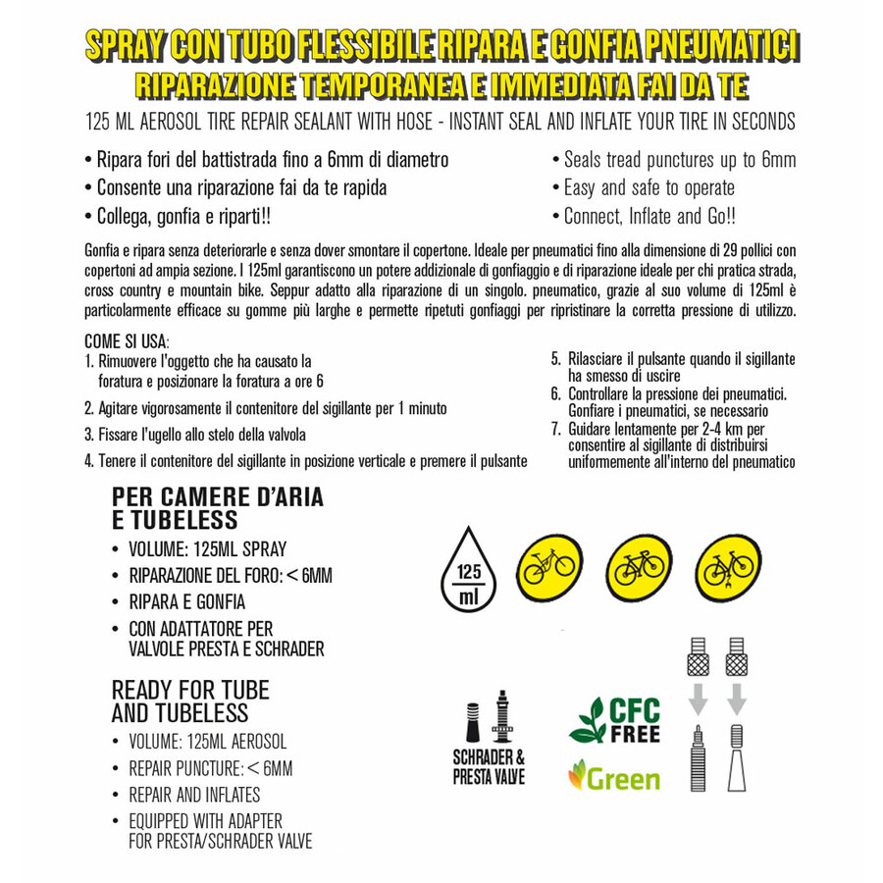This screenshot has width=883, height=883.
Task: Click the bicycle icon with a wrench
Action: (727, 567)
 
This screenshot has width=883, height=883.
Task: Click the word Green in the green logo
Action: (622, 779)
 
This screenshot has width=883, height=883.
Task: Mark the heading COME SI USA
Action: (128, 341)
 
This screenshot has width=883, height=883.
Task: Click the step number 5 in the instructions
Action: (555, 358)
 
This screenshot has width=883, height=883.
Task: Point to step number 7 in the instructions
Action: (555, 430)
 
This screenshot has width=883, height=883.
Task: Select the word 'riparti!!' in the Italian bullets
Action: (257, 216)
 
